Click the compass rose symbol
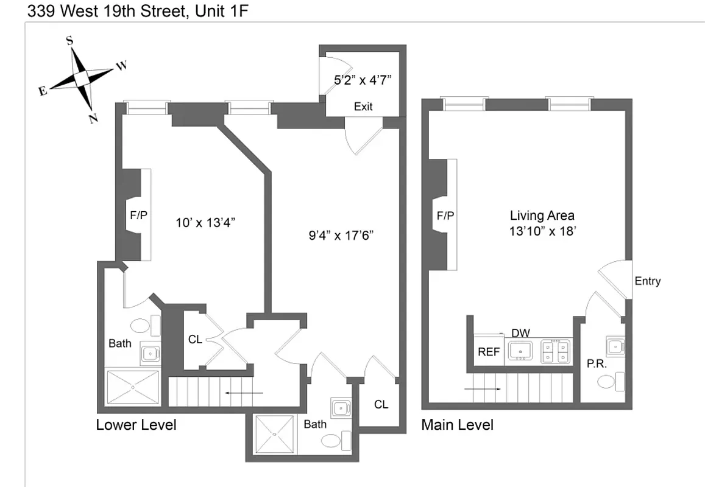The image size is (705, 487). click(82, 78)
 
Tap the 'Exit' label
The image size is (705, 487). click(363, 107)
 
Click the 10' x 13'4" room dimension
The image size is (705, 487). click(205, 222)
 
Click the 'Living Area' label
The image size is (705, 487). click(542, 215)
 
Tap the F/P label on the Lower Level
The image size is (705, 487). click(139, 215)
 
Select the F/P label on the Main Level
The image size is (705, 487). click(445, 215)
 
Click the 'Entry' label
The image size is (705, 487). click(647, 281)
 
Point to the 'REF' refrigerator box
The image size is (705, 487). click(489, 352)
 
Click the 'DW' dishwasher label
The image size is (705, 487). click(520, 333)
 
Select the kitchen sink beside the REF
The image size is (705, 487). click(520, 351)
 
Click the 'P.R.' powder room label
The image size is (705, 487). click(595, 363)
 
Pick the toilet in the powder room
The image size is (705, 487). click(610, 382)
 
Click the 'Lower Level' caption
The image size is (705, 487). click(136, 424)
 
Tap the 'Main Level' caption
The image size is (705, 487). click(457, 424)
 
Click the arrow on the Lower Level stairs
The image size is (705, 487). click(244, 393)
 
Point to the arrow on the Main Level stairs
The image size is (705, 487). click(483, 387)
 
